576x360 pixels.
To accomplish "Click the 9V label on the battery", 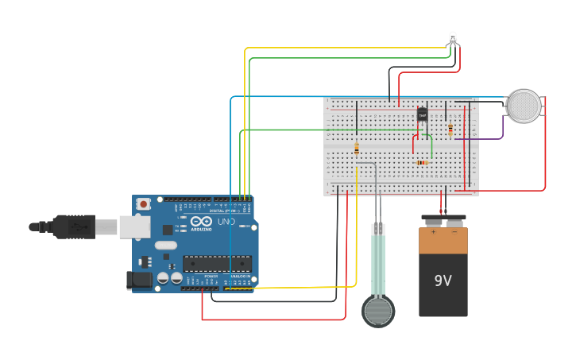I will click(x=443, y=281).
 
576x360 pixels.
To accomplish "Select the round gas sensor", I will click(x=524, y=106).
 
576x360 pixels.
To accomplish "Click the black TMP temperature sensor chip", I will click(x=422, y=114).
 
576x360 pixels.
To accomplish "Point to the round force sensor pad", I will click(x=378, y=311).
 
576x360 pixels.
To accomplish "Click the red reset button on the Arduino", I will click(x=143, y=203).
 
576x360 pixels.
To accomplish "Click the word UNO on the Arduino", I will click(x=226, y=221).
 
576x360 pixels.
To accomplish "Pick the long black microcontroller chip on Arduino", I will click(x=217, y=264).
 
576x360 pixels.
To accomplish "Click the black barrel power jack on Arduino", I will click(x=140, y=279).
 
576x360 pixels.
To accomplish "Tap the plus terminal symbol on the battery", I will click(x=433, y=234).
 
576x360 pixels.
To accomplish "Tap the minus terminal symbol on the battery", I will click(x=454, y=234).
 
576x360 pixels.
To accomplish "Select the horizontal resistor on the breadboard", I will click(x=421, y=162).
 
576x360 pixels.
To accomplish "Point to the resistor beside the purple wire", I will click(x=450, y=129).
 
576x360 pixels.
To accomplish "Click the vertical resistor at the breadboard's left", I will click(x=357, y=149).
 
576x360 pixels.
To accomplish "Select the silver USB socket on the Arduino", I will click(x=134, y=227).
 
